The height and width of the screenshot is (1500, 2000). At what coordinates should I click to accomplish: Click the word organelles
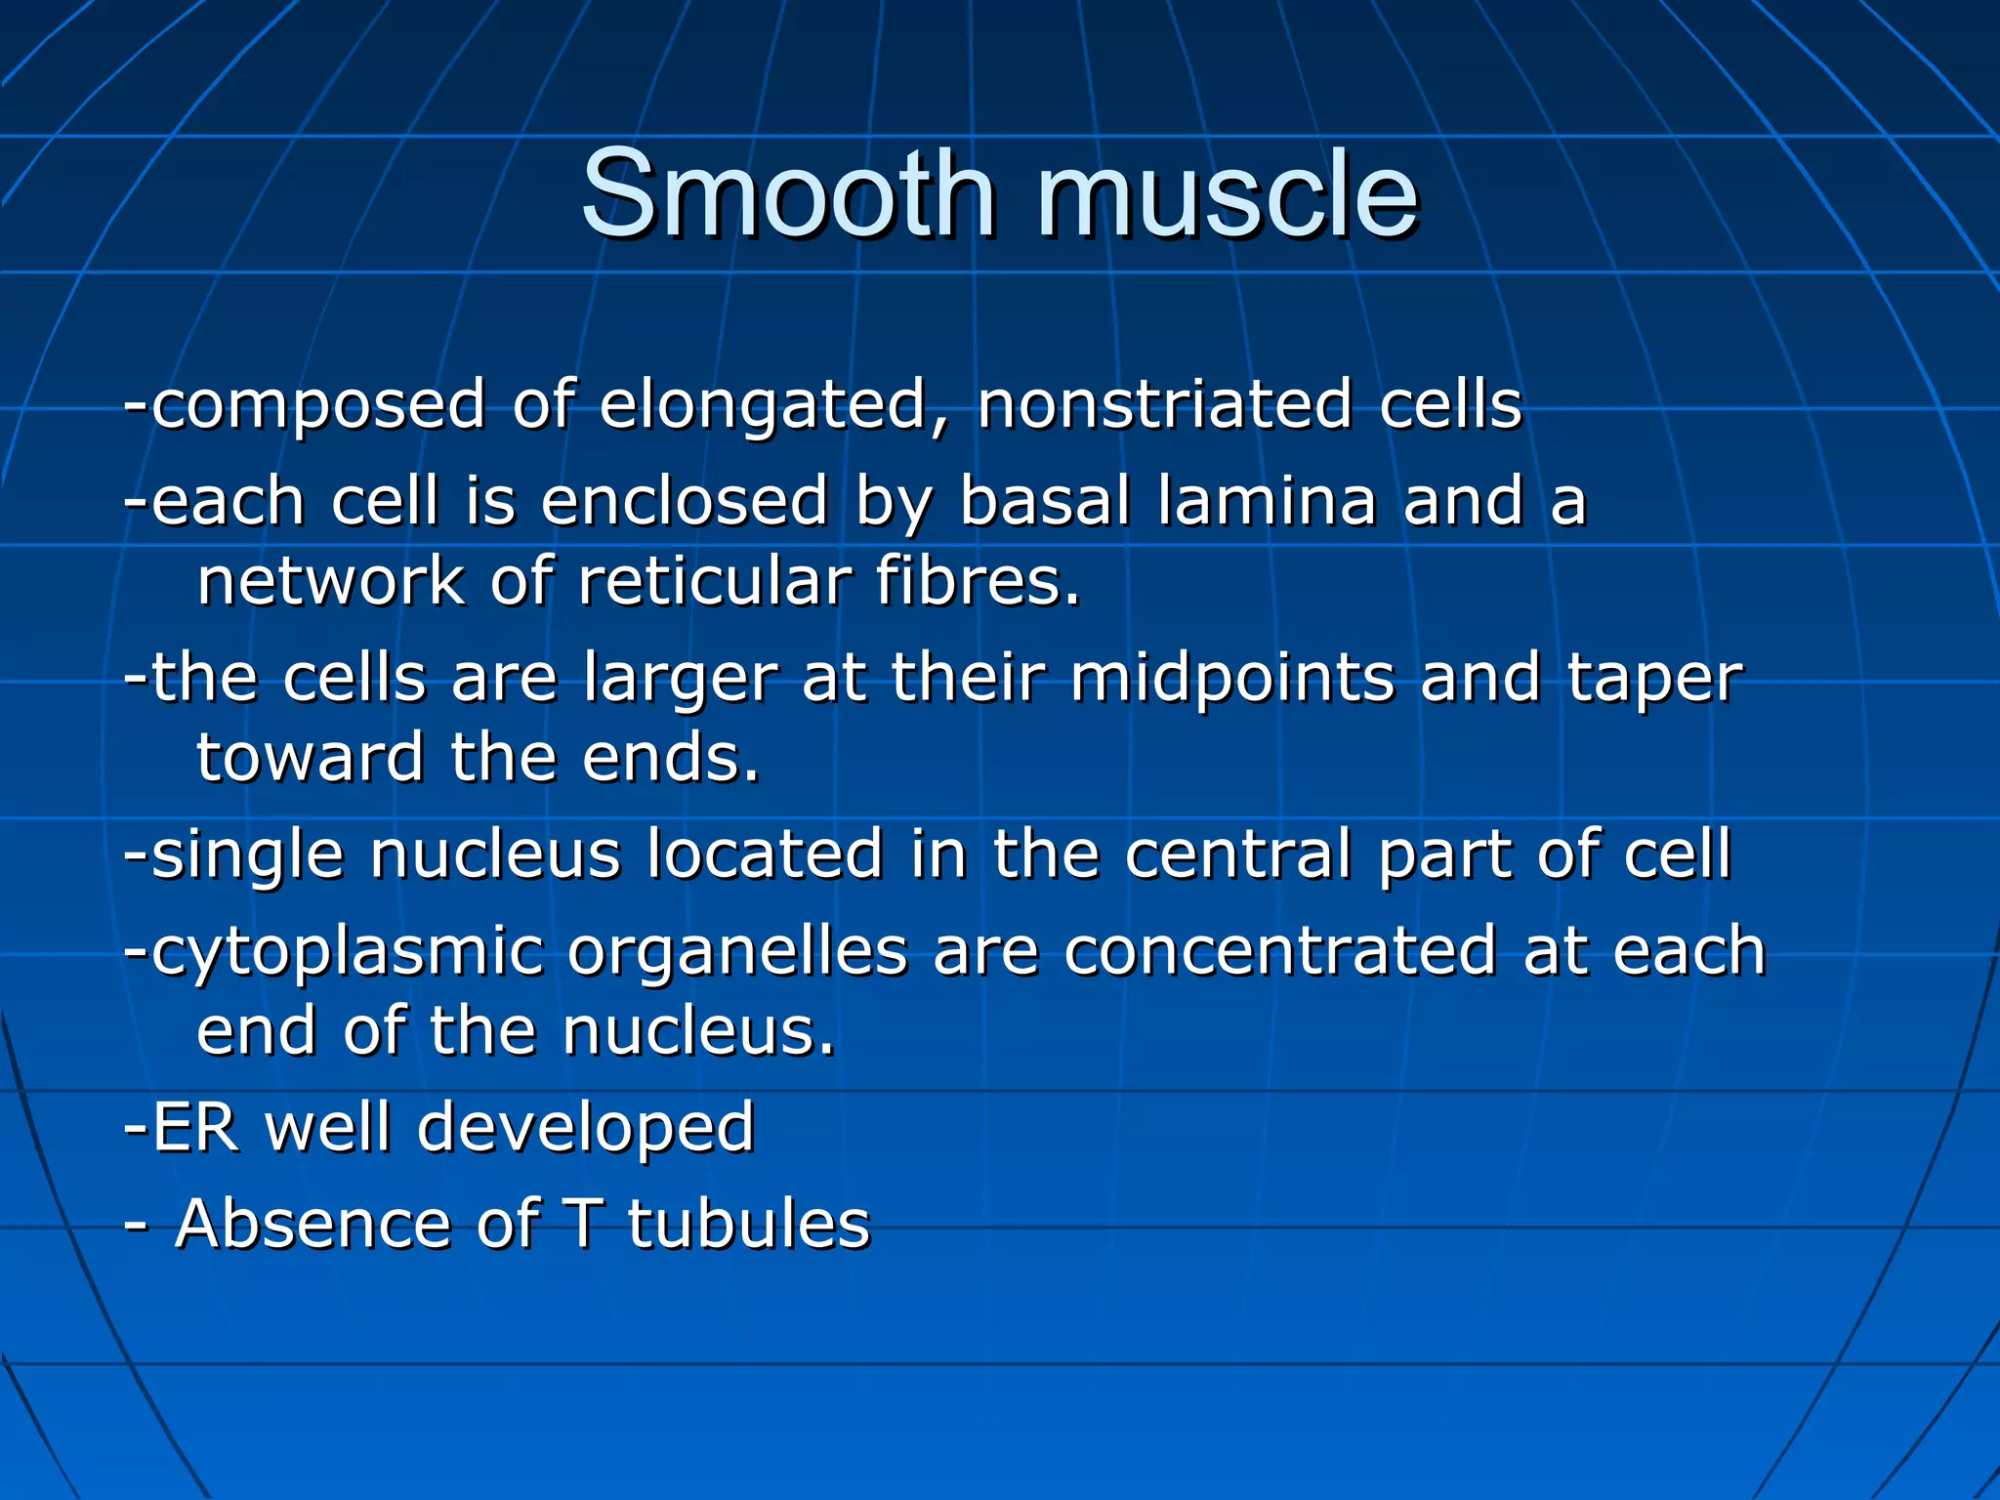[x=737, y=953]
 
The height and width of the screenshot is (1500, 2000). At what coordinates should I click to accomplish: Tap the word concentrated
[x=1280, y=951]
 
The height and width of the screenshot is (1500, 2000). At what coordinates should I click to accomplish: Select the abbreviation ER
[x=195, y=1128]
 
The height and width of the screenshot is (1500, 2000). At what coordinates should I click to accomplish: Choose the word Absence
[x=312, y=1225]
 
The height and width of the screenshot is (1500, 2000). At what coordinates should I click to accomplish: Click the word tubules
[x=748, y=1225]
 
